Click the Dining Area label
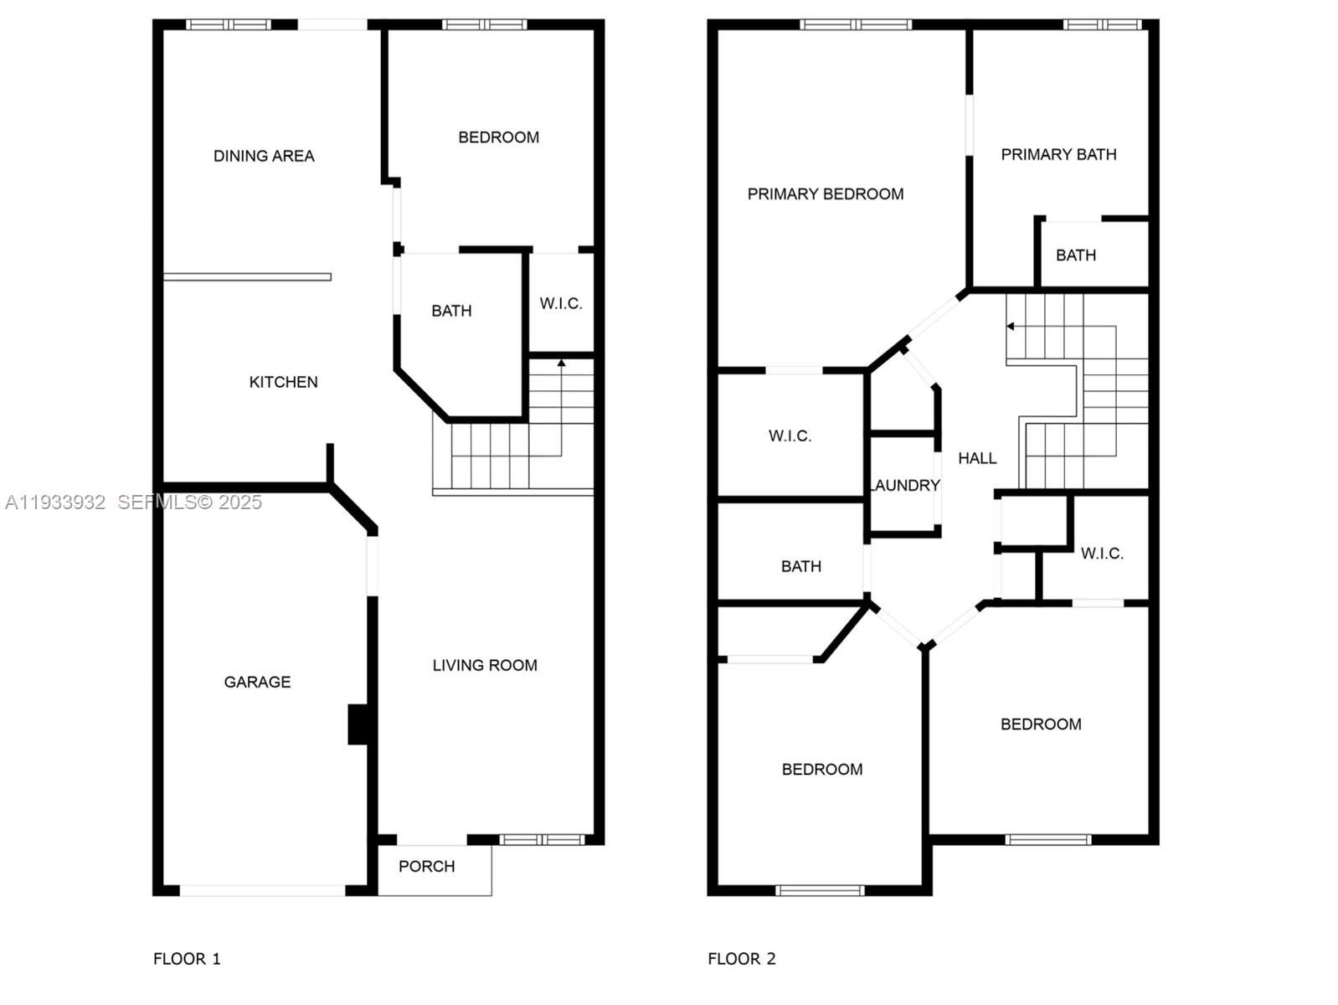point(264,156)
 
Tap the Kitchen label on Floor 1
point(283,382)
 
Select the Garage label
point(257,682)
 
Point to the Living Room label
point(485,665)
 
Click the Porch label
point(426,866)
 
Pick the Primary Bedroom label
point(825,194)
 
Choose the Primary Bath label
point(1058,154)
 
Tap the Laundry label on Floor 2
point(905,486)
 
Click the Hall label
point(977,458)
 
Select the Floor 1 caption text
point(187,959)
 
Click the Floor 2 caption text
point(741,959)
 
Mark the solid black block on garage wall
point(359,724)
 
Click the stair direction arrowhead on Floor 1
point(561,363)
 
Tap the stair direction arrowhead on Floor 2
point(1011,327)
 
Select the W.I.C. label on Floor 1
point(560,303)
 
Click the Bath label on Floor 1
point(451,311)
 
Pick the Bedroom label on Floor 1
point(498,137)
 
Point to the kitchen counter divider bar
point(247,277)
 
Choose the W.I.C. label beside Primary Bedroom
point(790,435)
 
